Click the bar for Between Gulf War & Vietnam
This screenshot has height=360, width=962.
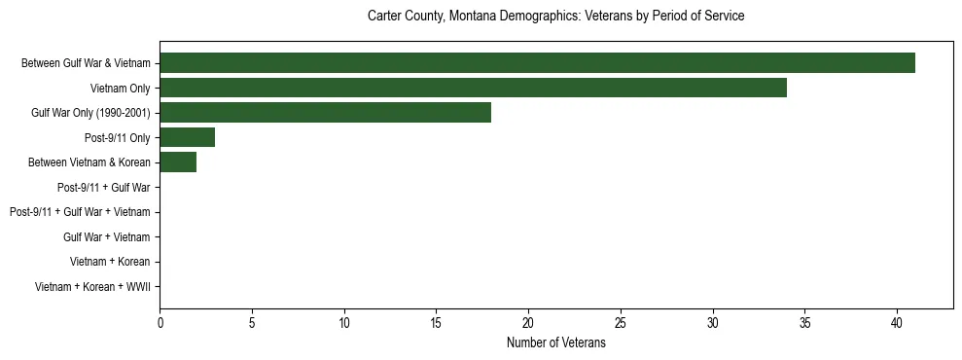pos(537,63)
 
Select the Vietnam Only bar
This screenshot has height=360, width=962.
pos(473,89)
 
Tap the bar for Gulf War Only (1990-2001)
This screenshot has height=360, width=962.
pos(325,113)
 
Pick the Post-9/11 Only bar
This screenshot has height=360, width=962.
pos(187,137)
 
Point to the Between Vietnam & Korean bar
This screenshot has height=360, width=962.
pos(178,162)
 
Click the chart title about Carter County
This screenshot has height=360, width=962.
pos(555,17)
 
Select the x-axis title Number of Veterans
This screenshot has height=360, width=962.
pos(555,342)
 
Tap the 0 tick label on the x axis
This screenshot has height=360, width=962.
pos(160,322)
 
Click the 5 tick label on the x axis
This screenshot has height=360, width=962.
pos(252,322)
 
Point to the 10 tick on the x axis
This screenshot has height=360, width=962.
pos(344,322)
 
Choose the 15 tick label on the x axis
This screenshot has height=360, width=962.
pos(437,322)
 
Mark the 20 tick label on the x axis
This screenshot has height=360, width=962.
pos(528,322)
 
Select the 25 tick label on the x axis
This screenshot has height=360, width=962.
pos(621,322)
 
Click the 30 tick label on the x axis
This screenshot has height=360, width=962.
pos(713,322)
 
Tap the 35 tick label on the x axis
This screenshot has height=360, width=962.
pos(805,322)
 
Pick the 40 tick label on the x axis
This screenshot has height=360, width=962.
pos(897,322)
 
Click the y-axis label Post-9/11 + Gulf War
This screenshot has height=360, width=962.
pos(103,187)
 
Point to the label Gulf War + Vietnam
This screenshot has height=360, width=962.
pos(106,236)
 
